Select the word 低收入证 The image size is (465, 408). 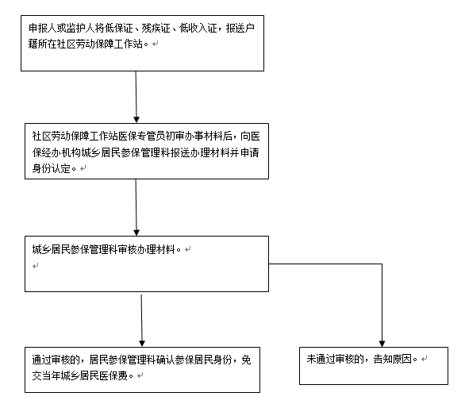198,29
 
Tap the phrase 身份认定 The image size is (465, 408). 51,168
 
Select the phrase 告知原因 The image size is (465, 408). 392,359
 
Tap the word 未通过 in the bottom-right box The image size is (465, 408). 321,359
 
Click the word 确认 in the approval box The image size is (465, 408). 166,360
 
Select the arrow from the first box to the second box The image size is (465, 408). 136,97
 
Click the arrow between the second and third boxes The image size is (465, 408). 136,207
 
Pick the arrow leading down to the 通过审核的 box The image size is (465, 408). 142,321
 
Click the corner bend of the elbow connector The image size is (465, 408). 382,264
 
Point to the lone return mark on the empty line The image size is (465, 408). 35,266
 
